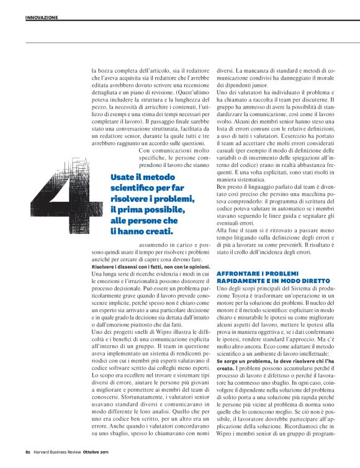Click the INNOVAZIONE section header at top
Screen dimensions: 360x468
pos(42,17)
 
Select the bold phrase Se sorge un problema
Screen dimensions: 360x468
pos(243,361)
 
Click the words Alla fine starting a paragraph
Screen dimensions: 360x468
pos(228,231)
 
